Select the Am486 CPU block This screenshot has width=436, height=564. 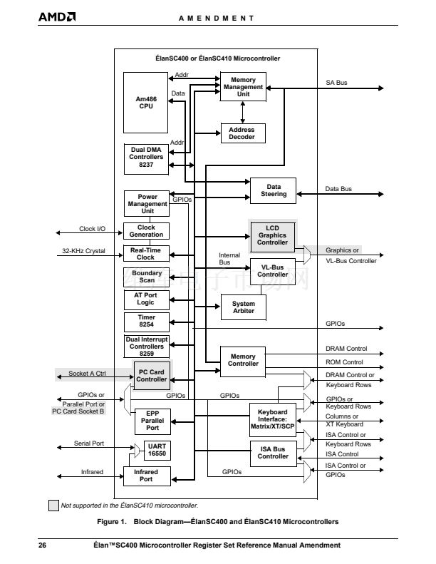[146, 103]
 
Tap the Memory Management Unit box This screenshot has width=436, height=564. [243, 87]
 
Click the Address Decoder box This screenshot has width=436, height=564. [242, 133]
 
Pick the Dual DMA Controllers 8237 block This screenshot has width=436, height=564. [146, 157]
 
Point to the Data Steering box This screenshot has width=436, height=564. [273, 190]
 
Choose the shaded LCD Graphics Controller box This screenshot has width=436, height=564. [272, 237]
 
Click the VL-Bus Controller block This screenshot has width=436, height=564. [272, 270]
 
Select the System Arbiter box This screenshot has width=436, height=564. [243, 307]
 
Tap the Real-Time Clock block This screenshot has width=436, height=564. [146, 253]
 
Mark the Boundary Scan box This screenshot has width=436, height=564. [146, 276]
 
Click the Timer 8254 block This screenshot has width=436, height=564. [146, 321]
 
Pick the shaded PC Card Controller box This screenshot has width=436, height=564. [152, 375]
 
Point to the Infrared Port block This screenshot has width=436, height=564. [146, 476]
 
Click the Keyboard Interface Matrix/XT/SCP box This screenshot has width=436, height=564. [272, 420]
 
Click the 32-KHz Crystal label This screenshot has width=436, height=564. [83, 251]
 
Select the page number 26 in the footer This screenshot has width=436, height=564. [43, 545]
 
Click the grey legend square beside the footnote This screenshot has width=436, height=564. [53, 506]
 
